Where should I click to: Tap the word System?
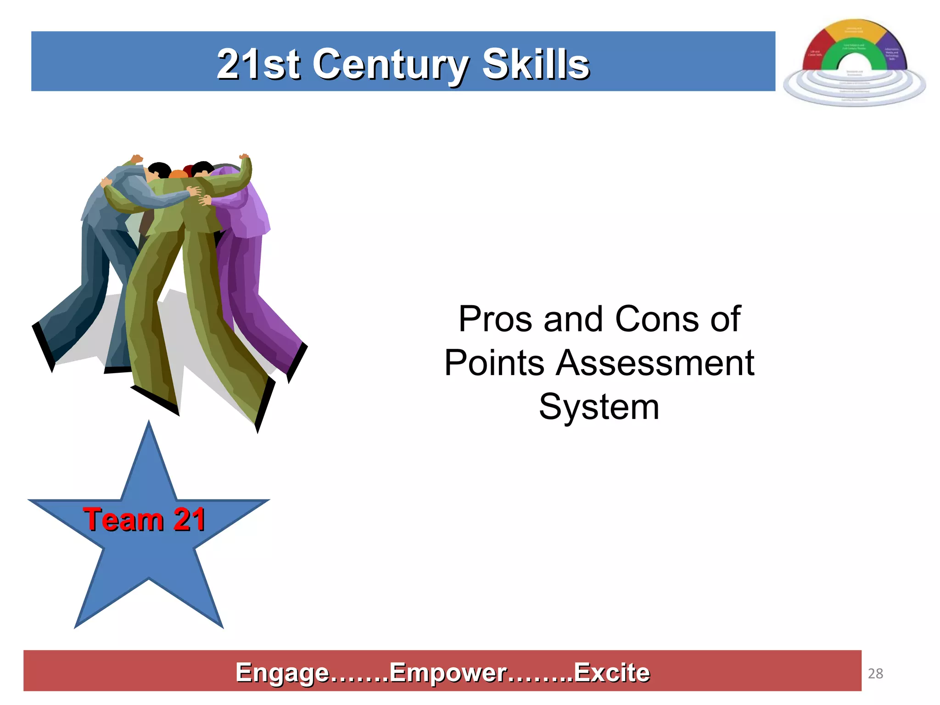pos(599,407)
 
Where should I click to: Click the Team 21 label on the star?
pos(144,520)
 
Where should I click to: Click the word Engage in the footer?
pos(282,672)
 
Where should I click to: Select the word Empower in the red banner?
pos(448,672)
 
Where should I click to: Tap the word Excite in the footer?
pos(612,672)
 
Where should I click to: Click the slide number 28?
pos(875,673)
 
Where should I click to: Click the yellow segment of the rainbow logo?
pos(854,32)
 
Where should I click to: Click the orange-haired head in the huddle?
pos(178,174)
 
